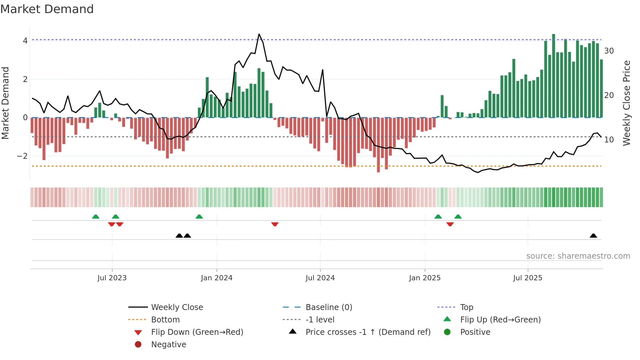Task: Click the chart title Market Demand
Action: coord(47,9)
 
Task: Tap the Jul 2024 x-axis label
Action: coord(320,278)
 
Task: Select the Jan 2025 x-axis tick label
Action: coord(424,278)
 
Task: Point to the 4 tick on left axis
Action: coord(25,41)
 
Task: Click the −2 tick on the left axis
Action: coord(22,156)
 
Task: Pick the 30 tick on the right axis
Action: coord(609,51)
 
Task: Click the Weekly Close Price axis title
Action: coord(627,103)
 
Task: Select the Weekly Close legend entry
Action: coord(177,307)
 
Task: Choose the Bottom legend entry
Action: coord(165,320)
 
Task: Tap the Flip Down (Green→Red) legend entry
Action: coord(197,332)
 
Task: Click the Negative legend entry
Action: coord(168,345)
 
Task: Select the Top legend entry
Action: coord(467,307)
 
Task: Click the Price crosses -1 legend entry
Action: coord(368,332)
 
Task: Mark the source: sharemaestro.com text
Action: coord(578,256)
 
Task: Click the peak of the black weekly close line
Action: coord(259,34)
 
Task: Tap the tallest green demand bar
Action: coord(553,75)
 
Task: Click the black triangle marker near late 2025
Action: coord(593,236)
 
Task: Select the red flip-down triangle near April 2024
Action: coord(275,224)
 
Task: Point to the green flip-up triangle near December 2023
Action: coord(199,217)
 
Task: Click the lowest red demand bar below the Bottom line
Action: coord(378,145)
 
